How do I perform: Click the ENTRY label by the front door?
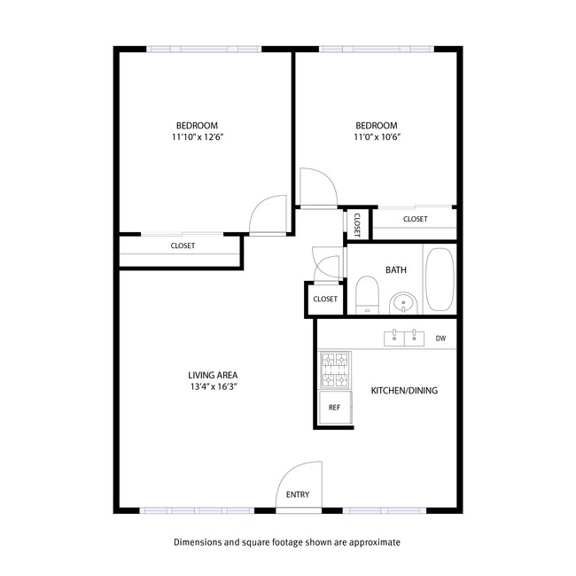pos(298,494)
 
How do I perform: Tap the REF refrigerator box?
pos(334,408)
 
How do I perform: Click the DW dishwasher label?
pos(440,338)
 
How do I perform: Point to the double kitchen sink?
pos(404,338)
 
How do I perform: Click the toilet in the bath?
pos(367,294)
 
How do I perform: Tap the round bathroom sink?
pos(404,303)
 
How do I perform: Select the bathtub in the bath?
pos(440,280)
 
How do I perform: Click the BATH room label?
pos(395,269)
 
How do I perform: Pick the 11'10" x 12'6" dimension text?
pos(197,137)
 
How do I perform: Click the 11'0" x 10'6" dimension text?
pos(377,137)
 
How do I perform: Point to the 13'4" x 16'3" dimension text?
pos(213,387)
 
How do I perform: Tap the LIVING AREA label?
pos(213,374)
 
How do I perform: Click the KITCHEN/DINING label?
pos(404,391)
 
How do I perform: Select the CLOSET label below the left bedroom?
pos(183,245)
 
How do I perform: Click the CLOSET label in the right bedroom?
pos(415,219)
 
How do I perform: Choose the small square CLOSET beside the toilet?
pos(325,300)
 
